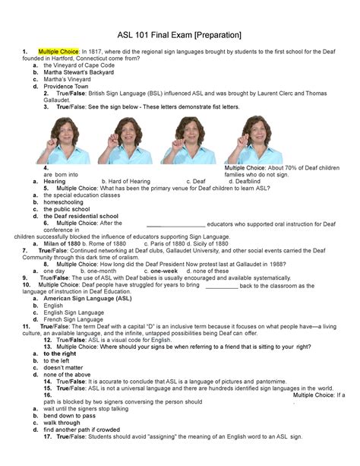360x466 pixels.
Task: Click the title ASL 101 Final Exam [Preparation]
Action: (x=179, y=35)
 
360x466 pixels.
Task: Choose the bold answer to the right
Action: (x=62, y=353)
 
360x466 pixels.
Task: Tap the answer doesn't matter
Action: (x=64, y=367)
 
